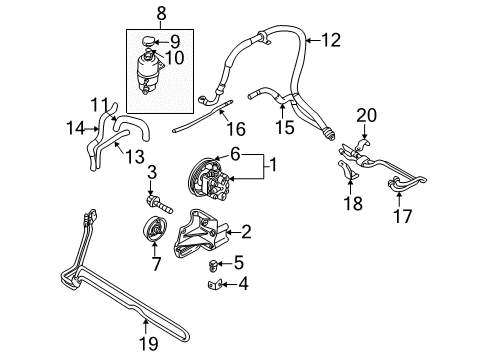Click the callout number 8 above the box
point(161,13)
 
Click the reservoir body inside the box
point(160,75)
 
